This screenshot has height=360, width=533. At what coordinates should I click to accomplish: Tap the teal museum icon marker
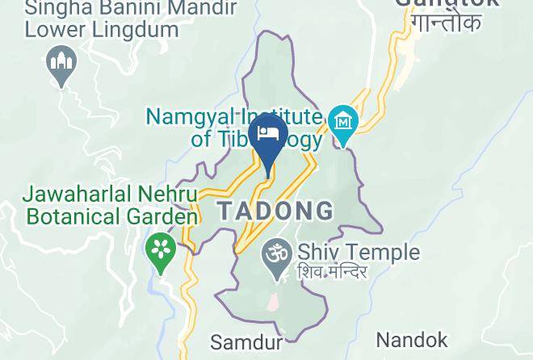(344, 123)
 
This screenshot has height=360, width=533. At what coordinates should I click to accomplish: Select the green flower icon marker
(162, 248)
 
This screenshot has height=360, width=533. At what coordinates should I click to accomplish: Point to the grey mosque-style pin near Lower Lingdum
(62, 63)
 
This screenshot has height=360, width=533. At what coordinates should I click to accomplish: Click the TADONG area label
(275, 211)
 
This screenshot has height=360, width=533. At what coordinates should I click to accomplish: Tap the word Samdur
(246, 342)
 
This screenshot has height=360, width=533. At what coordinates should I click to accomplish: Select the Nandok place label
(412, 339)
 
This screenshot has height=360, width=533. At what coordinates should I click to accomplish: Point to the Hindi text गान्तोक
(447, 22)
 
